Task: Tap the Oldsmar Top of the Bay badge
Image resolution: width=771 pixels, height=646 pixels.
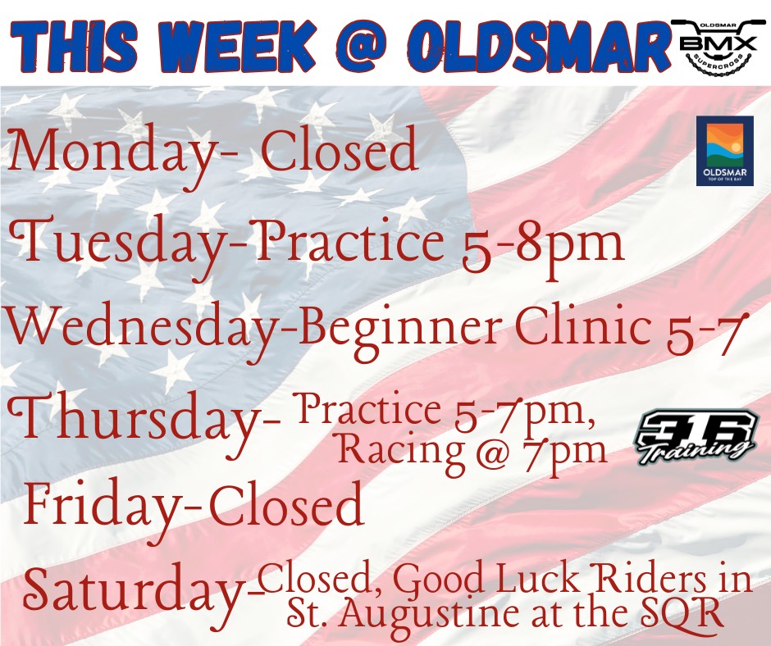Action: tap(724, 151)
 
